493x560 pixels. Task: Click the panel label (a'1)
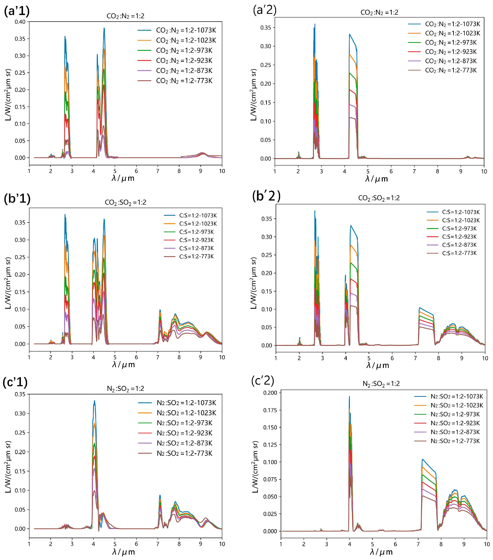point(17,11)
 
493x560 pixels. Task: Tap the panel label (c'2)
point(263,381)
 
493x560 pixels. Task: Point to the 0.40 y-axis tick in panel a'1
point(20,22)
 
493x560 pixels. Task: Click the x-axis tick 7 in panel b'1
point(158,357)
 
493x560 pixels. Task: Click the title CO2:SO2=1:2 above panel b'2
point(379,198)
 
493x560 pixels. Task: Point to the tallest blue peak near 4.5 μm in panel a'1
point(104,28)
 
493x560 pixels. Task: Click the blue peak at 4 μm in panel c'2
point(349,397)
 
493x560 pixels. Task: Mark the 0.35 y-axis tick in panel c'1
point(20,394)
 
